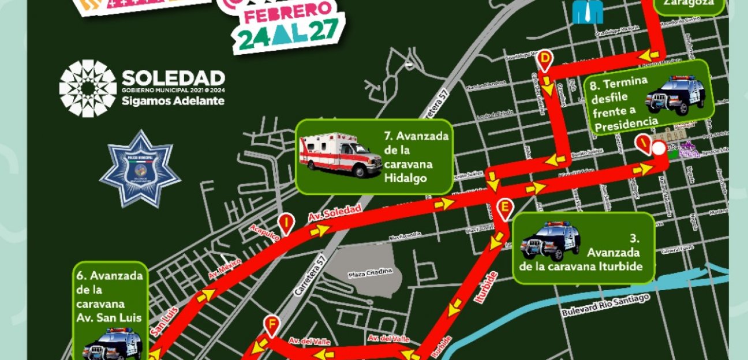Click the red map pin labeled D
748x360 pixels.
click(x=545, y=59)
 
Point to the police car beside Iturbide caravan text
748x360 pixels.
click(x=549, y=241)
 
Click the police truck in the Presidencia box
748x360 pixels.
click(x=675, y=95)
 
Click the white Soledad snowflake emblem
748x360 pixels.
click(x=88, y=88)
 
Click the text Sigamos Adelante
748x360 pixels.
click(x=173, y=102)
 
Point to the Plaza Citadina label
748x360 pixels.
click(x=371, y=272)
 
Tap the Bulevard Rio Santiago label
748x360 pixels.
click(x=606, y=306)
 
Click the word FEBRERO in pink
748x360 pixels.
click(x=289, y=13)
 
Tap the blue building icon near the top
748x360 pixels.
click(x=588, y=12)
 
